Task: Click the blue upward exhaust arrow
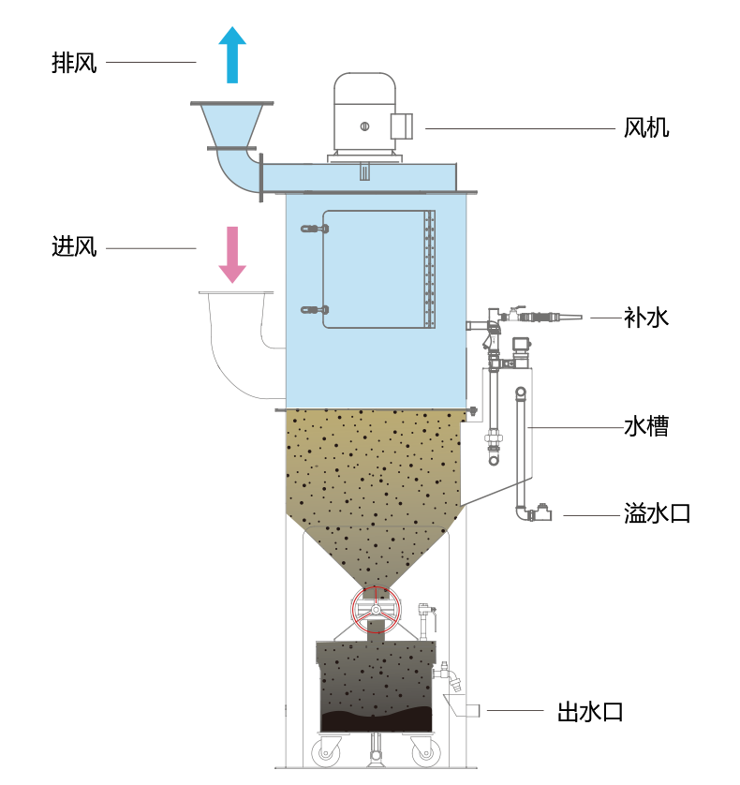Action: point(232,54)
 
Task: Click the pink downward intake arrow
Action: point(231,254)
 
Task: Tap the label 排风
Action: point(74,63)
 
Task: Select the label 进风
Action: point(74,246)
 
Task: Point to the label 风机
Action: point(646,127)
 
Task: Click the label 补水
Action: point(646,318)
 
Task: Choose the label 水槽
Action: point(646,426)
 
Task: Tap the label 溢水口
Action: point(657,513)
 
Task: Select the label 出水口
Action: point(590,711)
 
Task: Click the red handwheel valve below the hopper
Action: point(376,609)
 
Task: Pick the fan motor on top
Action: point(365,117)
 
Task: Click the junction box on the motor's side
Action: point(402,126)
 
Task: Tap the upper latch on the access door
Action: point(315,229)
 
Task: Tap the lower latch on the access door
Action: point(315,310)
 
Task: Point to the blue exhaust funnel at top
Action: point(231,126)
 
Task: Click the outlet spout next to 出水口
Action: point(462,706)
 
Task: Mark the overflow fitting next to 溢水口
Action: point(540,513)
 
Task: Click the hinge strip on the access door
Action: point(429,270)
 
